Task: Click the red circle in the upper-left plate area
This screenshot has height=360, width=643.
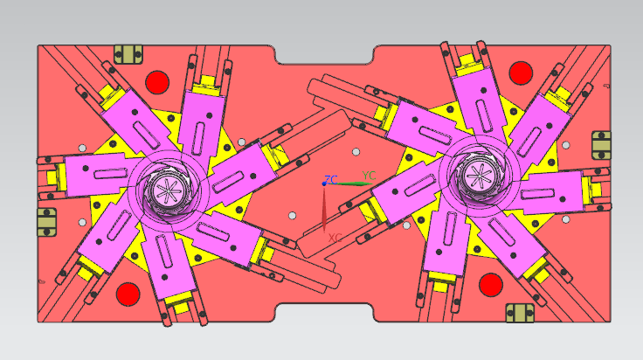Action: (x=157, y=82)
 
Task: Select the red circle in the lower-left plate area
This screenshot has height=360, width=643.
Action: (x=128, y=294)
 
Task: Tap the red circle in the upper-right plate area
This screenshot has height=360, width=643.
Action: (x=521, y=73)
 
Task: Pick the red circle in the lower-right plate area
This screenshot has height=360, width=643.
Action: (x=491, y=285)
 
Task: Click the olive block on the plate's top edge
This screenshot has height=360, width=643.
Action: (x=128, y=54)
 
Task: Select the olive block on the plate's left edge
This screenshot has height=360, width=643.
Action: (x=47, y=222)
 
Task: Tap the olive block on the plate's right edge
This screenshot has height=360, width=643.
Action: (x=602, y=145)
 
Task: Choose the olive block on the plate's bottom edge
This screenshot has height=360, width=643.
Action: (x=520, y=313)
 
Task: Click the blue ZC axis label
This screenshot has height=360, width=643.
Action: (x=331, y=179)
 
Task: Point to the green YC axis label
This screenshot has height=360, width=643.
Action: (x=369, y=176)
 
